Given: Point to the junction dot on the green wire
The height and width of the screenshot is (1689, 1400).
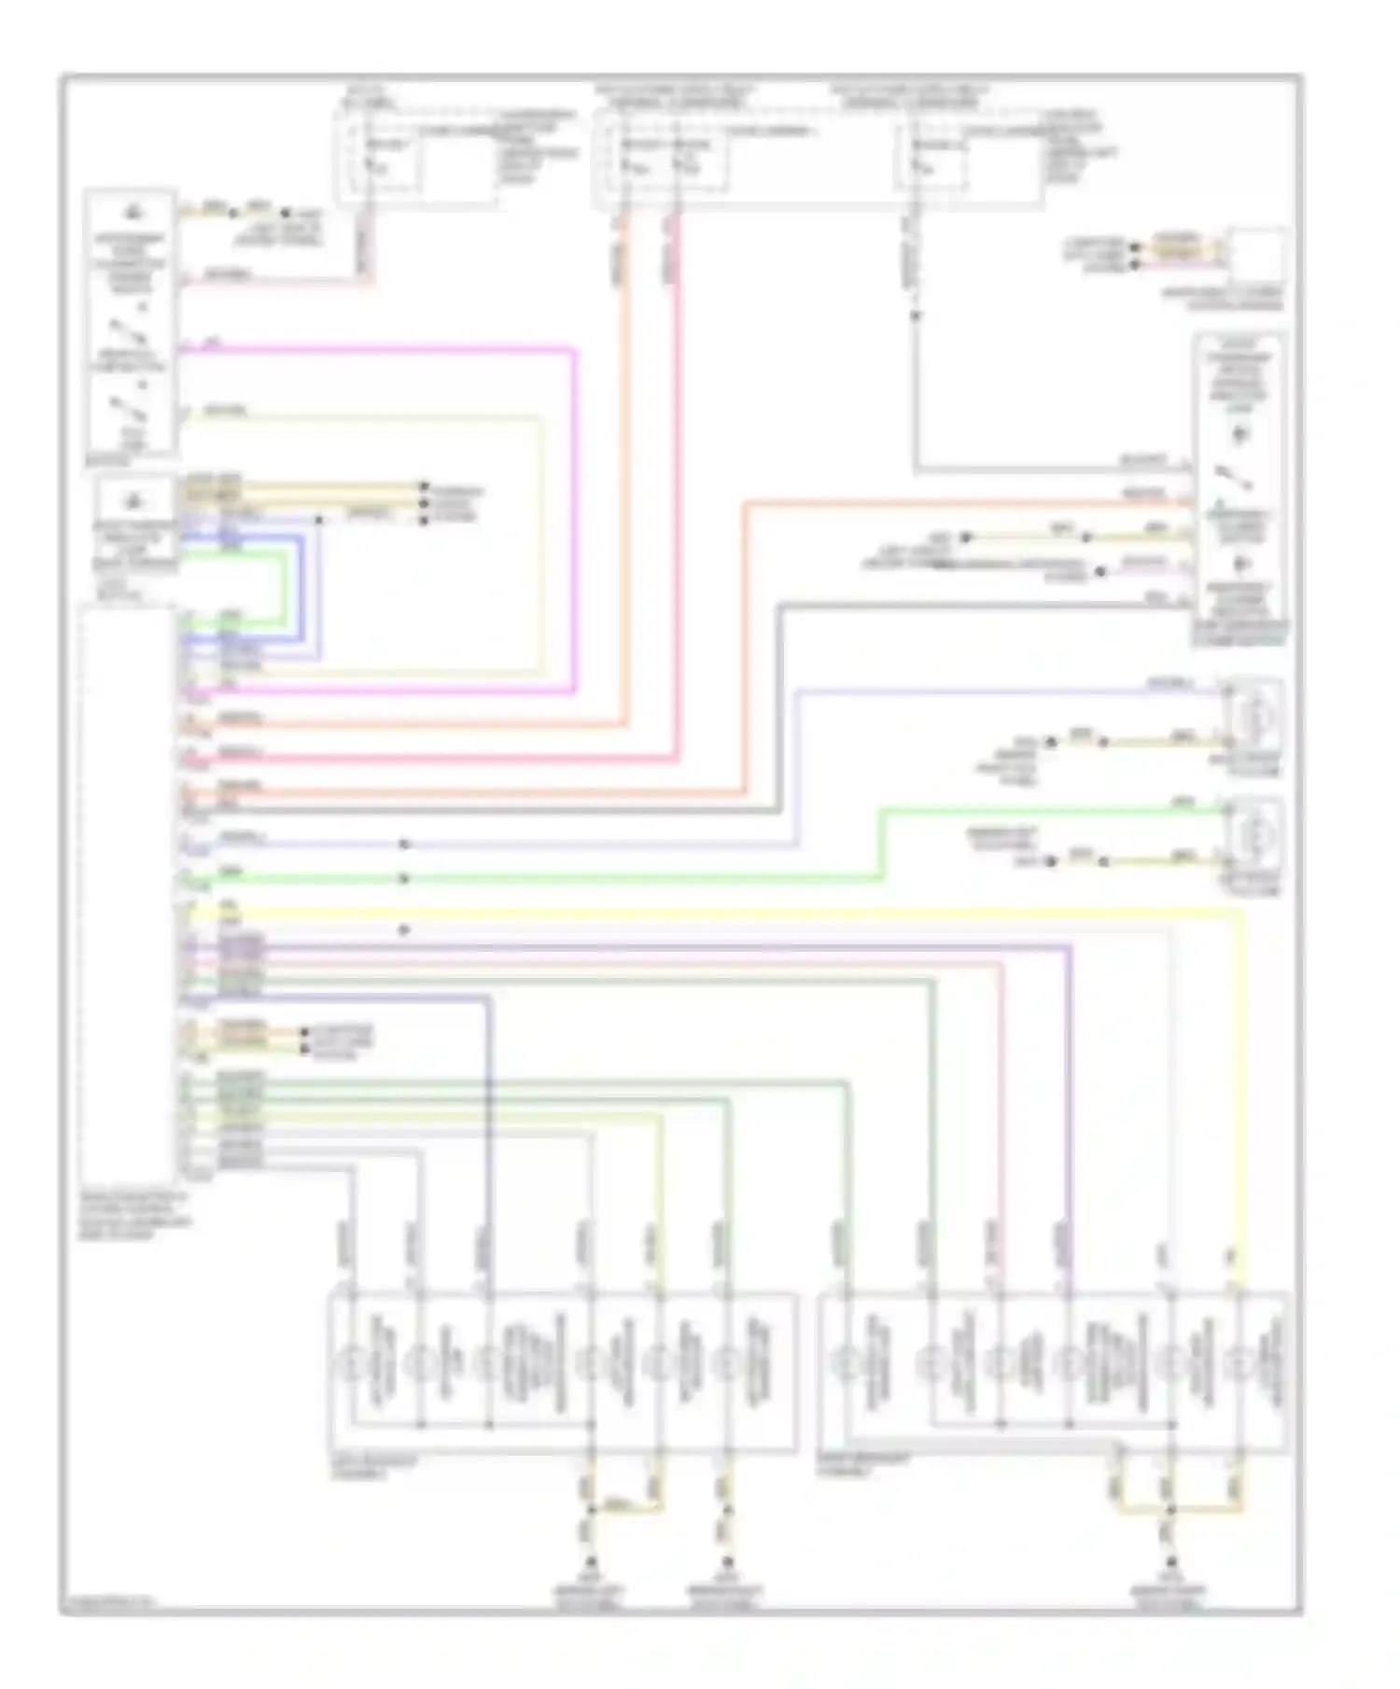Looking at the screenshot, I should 404,878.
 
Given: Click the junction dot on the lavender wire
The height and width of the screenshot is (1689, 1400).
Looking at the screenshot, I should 404,844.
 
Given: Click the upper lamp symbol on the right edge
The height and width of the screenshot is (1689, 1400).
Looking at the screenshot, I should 1254,717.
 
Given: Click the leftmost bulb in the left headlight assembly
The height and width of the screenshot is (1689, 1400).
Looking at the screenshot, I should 352,1365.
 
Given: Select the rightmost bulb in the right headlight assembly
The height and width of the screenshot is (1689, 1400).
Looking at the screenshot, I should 1239,1365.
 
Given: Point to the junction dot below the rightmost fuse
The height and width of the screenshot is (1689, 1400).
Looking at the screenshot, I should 916,315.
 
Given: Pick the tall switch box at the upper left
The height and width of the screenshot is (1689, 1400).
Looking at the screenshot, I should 130,322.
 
